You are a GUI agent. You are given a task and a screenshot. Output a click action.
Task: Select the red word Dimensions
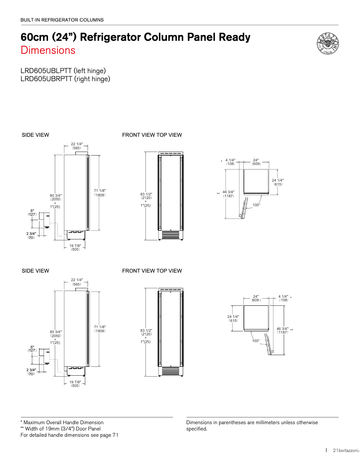(x=48, y=50)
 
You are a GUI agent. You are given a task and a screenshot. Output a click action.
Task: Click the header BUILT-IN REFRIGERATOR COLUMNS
(x=62, y=20)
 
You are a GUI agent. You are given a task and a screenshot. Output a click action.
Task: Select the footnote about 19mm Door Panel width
(x=60, y=429)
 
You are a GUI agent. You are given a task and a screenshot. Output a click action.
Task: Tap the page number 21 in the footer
(x=335, y=450)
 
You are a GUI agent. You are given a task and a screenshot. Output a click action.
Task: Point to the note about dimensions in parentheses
(x=252, y=426)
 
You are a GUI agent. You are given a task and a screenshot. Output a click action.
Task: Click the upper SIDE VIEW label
(x=35, y=135)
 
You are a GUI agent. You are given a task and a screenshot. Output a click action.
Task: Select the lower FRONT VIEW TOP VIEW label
(x=152, y=271)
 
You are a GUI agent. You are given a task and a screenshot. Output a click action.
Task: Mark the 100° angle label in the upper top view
(x=256, y=205)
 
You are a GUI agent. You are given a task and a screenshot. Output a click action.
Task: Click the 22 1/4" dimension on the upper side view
(x=76, y=144)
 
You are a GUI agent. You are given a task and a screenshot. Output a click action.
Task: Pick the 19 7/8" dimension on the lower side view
(x=75, y=382)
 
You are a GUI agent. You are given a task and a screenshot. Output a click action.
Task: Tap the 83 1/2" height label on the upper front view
(x=146, y=194)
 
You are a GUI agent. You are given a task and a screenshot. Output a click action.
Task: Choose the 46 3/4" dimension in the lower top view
(x=282, y=329)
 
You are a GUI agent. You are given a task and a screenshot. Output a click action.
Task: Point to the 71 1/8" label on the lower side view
(x=100, y=327)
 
